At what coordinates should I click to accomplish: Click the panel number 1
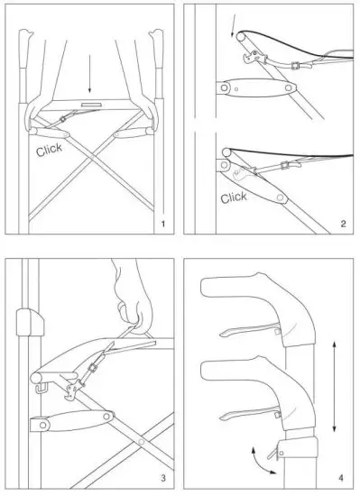pyautogui.click(x=162, y=222)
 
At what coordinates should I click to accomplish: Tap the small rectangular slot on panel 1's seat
pyautogui.click(x=90, y=105)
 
